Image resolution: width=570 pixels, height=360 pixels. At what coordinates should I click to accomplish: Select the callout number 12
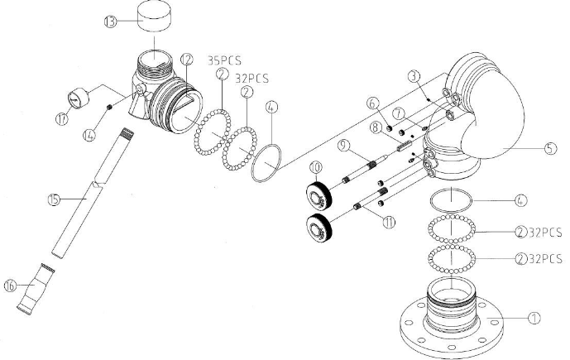coord(188,59)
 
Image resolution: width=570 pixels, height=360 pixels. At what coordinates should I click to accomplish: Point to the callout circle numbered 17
coord(60,118)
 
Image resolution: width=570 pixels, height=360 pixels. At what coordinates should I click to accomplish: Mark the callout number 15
coord(54,199)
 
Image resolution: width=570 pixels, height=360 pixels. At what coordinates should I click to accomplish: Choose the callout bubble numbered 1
coord(535,316)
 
